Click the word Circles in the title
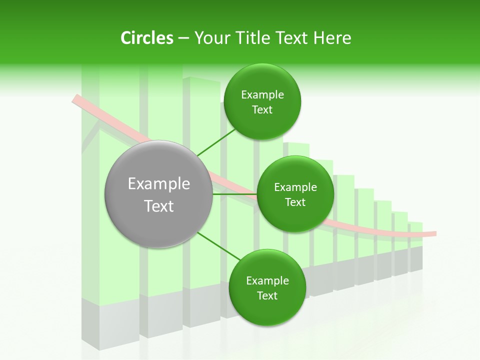tap(146, 38)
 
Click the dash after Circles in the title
tap(183, 38)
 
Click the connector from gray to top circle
tap(216, 142)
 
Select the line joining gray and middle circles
tap(234, 194)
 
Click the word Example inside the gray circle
tap(158, 184)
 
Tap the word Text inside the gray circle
tap(158, 206)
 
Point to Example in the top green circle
tap(262, 95)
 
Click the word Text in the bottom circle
tap(267, 296)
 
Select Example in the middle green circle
tap(295, 187)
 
